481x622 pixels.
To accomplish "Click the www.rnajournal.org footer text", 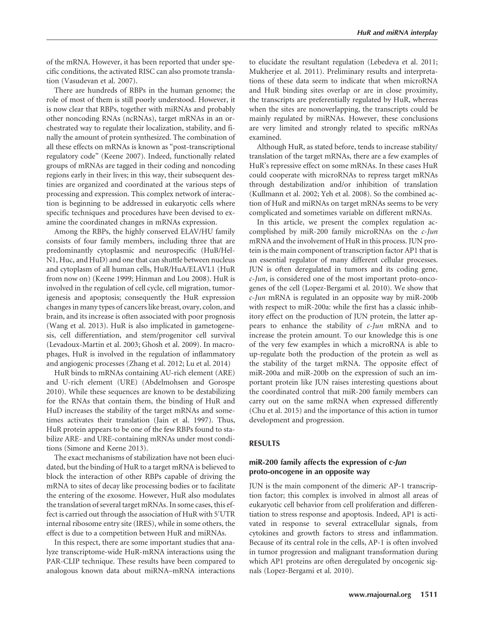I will tap(380, 595).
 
